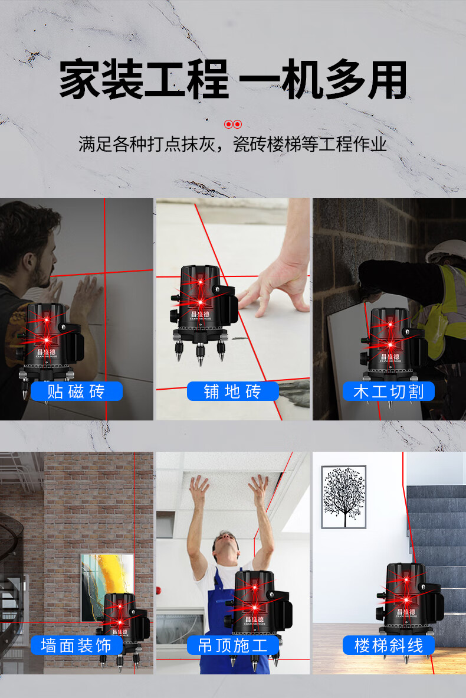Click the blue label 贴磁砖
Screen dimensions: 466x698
[x=77, y=392]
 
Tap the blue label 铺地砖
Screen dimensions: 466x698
[x=232, y=392]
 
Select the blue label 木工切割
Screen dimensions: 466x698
[x=389, y=392]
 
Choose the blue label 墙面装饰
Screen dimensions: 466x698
[x=77, y=645]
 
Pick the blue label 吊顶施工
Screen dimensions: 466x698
[x=232, y=645]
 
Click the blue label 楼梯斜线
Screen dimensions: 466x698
[x=389, y=645]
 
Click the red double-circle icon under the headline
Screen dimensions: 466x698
[x=233, y=124]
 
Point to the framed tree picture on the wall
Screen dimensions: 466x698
[x=344, y=497]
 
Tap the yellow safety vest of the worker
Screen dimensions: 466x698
[x=440, y=307]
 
